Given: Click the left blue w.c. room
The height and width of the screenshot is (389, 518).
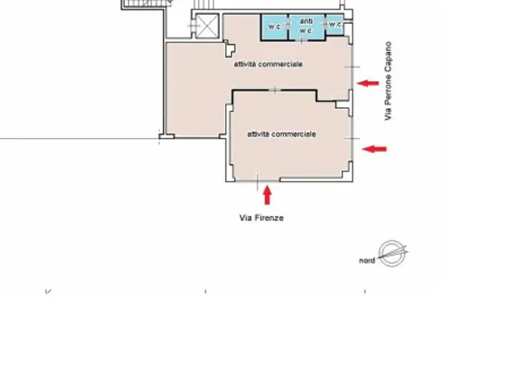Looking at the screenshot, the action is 274,27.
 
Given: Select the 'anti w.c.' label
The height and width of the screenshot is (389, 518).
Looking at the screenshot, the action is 306,26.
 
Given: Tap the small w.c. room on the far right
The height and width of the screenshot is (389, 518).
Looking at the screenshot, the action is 335,24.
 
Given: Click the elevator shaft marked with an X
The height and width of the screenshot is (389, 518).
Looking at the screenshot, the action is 207,26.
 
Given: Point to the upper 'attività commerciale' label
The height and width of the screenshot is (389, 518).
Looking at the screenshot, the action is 268,64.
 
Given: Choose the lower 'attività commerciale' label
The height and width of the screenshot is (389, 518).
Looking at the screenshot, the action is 282,134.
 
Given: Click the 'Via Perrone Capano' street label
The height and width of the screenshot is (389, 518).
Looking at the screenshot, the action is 388,81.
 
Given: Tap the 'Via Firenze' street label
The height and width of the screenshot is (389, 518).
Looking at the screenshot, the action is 261,218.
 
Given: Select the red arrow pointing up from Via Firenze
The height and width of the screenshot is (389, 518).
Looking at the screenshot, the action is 267,195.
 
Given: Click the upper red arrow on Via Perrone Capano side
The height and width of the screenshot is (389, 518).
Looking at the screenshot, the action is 368,83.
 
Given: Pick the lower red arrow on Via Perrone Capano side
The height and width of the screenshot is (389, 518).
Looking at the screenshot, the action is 374,149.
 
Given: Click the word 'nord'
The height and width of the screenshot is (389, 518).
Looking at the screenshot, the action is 367,261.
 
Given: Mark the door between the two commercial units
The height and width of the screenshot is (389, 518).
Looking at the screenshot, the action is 275,90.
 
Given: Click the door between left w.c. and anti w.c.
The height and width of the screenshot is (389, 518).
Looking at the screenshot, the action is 288,24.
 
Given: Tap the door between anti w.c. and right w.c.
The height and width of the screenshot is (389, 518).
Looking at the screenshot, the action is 326,24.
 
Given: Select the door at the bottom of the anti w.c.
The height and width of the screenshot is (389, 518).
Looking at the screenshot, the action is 302,41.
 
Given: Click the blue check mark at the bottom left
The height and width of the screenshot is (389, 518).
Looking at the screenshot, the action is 48,291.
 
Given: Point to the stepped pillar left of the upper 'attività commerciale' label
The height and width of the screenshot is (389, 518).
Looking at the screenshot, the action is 229,49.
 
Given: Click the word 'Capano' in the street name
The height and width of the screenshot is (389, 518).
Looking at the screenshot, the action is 388,54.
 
